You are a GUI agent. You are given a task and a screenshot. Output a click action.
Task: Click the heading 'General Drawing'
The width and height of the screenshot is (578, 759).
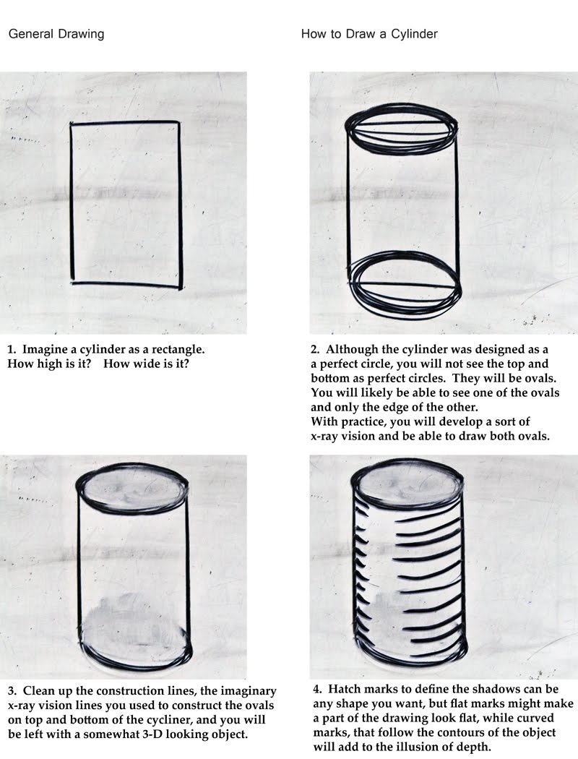[x=56, y=34]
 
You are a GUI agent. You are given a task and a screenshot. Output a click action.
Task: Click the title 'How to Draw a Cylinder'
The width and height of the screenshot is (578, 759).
[x=369, y=34]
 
